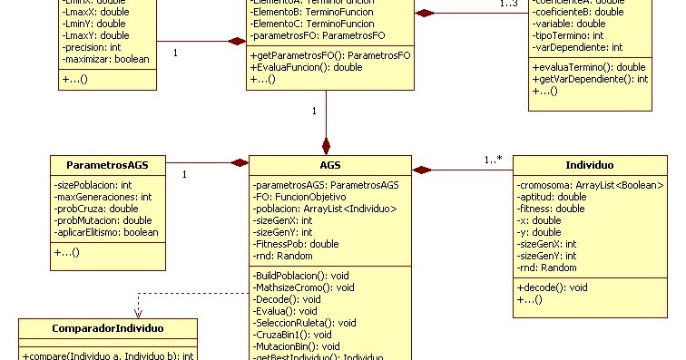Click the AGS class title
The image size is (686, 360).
pyautogui.click(x=329, y=166)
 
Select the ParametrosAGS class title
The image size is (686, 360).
pyautogui.click(x=107, y=165)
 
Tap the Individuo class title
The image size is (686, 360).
pyautogui.click(x=589, y=166)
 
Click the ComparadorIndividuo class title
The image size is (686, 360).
pyautogui.click(x=107, y=327)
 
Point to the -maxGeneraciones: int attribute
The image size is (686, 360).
pyautogui.click(x=103, y=197)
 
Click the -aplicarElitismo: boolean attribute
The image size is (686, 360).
pyautogui.click(x=107, y=232)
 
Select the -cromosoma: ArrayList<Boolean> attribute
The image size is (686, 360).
pyautogui.click(x=590, y=185)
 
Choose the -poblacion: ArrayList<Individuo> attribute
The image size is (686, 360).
pyautogui.click(x=325, y=209)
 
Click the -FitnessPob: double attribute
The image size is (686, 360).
pyautogui.click(x=295, y=244)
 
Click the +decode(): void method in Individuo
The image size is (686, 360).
pyautogui.click(x=553, y=287)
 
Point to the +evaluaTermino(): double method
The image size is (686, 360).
pyautogui.click(x=588, y=67)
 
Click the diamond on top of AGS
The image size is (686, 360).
pyautogui.click(x=326, y=146)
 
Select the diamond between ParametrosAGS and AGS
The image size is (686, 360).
pyautogui.click(x=239, y=163)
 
